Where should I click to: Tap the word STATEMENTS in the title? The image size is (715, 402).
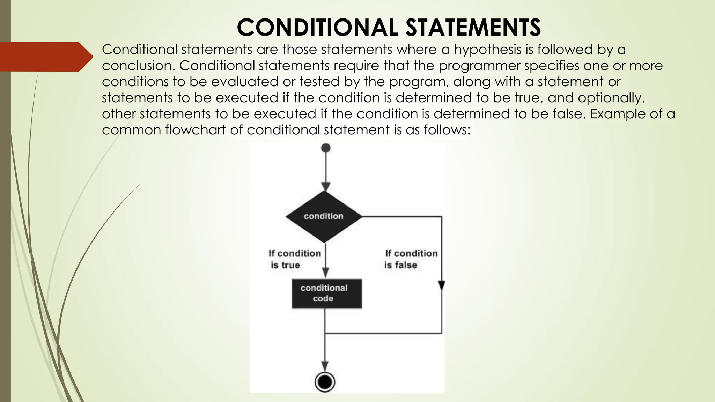click(473, 28)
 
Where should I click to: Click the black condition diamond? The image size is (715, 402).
click(324, 216)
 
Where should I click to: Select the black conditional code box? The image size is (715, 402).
click(326, 293)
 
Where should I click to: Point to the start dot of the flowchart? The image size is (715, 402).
click(325, 148)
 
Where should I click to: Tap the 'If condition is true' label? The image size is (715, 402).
click(294, 259)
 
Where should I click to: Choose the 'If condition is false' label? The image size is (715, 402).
click(411, 259)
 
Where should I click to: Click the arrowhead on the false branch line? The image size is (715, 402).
click(442, 285)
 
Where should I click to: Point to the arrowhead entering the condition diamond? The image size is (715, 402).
click(325, 187)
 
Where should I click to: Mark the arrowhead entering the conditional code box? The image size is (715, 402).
click(325, 273)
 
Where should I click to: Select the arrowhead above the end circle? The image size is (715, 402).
click(325, 366)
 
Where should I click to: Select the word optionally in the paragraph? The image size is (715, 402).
click(611, 98)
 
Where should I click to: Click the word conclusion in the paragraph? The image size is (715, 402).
click(138, 66)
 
